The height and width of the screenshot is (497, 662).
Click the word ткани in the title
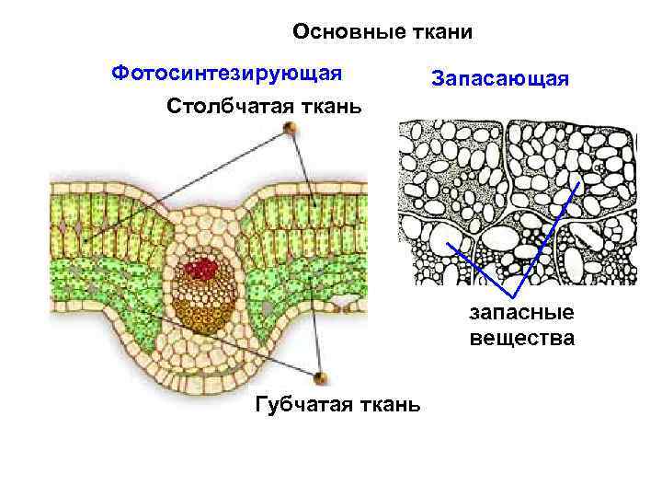pos(442,33)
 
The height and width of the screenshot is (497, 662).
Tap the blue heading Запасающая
pos(500,80)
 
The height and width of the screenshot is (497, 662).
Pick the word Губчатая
pos(296,403)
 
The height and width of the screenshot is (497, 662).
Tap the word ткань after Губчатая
pos(386,403)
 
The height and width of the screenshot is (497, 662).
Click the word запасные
pos(521,315)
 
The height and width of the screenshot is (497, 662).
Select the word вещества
pos(521,339)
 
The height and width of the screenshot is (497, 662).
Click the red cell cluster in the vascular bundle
pos(201,269)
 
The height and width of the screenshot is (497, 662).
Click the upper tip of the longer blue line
pos(578,183)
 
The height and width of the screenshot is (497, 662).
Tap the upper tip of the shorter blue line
pos(448,243)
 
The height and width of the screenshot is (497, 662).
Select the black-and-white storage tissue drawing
pos(517,202)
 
